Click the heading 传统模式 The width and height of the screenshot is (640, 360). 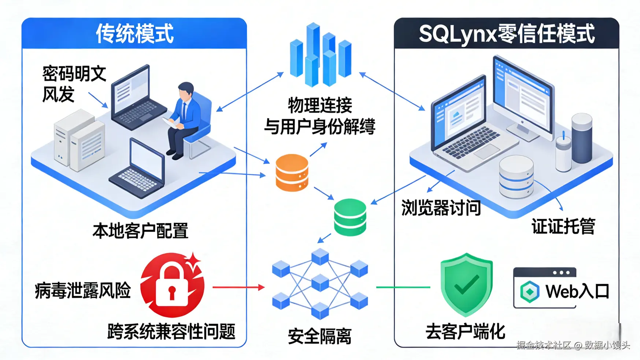pyautogui.click(x=134, y=34)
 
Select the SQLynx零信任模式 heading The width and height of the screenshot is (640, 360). pyautogui.click(x=506, y=34)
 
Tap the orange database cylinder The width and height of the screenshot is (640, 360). pyautogui.click(x=292, y=173)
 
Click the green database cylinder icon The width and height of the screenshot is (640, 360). pyautogui.click(x=350, y=217)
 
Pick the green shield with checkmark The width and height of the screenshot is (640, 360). pyautogui.click(x=466, y=284)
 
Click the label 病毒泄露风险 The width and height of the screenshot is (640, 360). pyautogui.click(x=83, y=290)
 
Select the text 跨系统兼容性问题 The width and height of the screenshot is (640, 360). pyautogui.click(x=171, y=331)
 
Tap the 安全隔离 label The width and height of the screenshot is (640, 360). pyautogui.click(x=319, y=336)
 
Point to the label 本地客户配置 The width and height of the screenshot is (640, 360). pyautogui.click(x=140, y=231)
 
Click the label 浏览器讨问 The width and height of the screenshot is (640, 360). pyautogui.click(x=441, y=208)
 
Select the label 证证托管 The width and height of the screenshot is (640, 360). pyautogui.click(x=563, y=226)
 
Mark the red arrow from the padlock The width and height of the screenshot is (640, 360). pyautogui.click(x=238, y=287)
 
